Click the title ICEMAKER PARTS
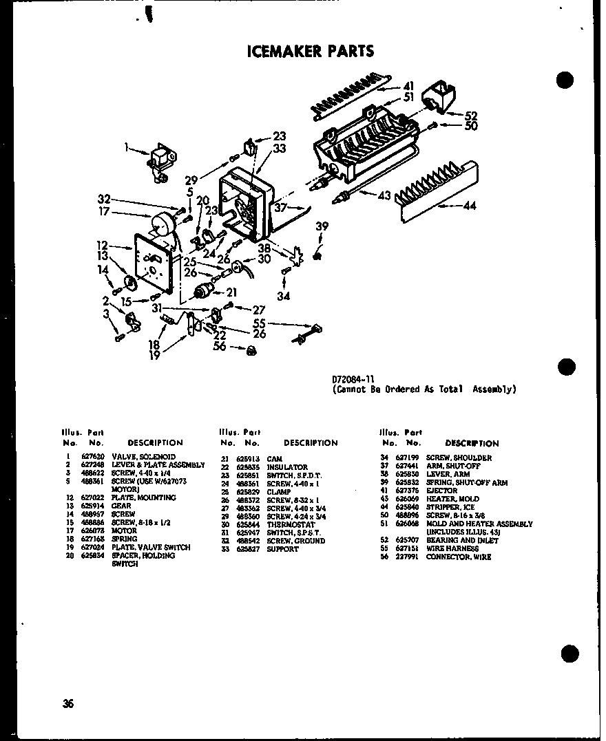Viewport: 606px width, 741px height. pos(310,51)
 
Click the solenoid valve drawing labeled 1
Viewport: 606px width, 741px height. pos(159,162)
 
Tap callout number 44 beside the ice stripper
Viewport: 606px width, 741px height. pos(470,205)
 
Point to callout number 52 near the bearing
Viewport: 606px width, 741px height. pos(471,116)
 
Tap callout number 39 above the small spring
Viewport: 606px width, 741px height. pos(322,227)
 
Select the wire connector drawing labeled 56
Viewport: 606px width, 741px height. pos(253,351)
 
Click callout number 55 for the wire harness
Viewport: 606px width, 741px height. pos(258,323)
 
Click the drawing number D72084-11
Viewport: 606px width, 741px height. pos(355,378)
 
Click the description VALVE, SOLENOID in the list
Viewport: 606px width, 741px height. pos(143,457)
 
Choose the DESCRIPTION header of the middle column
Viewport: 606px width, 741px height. pos(311,443)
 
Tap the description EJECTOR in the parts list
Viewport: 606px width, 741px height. pos(441,491)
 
